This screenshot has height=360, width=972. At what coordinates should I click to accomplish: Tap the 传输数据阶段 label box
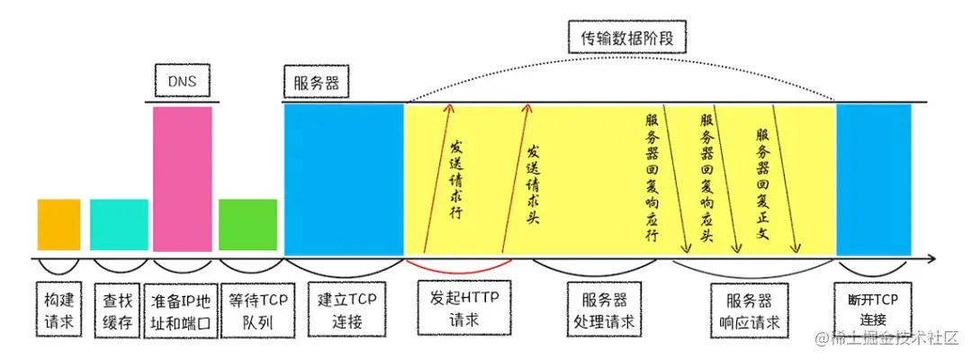pyautogui.click(x=627, y=39)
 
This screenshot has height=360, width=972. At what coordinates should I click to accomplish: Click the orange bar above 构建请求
pyautogui.click(x=58, y=224)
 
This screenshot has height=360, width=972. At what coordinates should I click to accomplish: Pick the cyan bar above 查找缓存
pyautogui.click(x=119, y=224)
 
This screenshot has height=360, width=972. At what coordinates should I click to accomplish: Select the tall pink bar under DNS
pyautogui.click(x=183, y=178)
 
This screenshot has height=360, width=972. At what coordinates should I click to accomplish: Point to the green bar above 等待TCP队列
pyautogui.click(x=247, y=224)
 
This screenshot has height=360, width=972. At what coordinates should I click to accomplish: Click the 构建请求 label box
pyautogui.click(x=58, y=309)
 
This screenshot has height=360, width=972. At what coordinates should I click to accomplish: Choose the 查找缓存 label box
pyautogui.click(x=119, y=309)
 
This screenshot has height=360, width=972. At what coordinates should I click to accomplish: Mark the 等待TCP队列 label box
pyautogui.click(x=247, y=309)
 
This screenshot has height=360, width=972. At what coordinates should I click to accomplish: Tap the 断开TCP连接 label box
pyautogui.click(x=872, y=309)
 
